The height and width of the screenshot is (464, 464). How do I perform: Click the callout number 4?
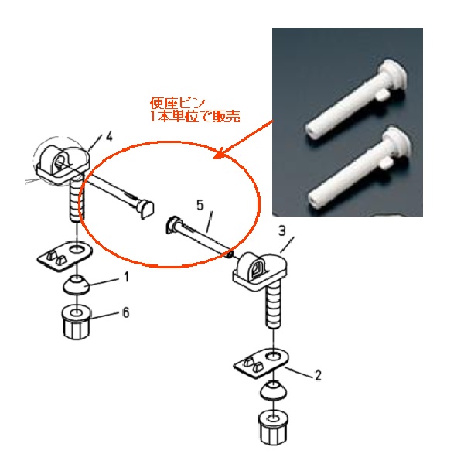[109, 137]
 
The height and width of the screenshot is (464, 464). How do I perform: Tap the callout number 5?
[200, 206]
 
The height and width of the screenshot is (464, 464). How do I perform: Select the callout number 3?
[282, 230]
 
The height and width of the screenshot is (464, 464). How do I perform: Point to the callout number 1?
[126, 277]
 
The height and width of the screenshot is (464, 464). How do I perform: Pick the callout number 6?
[126, 312]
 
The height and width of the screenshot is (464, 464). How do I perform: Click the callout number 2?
[318, 375]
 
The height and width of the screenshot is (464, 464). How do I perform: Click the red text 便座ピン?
[177, 104]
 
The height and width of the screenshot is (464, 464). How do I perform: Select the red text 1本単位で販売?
[195, 116]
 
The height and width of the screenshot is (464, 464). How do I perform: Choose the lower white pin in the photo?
[359, 168]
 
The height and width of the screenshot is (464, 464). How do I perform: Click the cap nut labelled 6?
[77, 322]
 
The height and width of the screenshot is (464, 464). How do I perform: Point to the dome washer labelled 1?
[77, 285]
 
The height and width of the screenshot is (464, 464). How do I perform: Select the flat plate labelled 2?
[261, 363]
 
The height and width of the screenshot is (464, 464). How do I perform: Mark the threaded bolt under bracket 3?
[272, 308]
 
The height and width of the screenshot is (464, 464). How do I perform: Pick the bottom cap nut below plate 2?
[273, 427]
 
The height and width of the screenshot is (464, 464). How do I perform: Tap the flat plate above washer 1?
[64, 254]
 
